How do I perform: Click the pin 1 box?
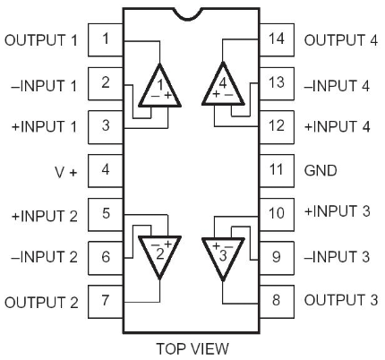tap(106, 39)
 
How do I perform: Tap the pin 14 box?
tap(277, 39)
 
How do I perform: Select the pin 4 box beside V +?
tap(106, 171)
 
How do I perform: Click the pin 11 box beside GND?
tap(277, 171)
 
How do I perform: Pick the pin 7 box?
tap(106, 302)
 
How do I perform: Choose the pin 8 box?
tap(277, 302)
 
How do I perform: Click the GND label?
tap(321, 171)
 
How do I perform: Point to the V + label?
tap(66, 172)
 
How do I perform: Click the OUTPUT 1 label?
tap(41, 40)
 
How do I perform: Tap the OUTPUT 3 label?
tap(341, 300)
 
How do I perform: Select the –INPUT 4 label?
tap(337, 86)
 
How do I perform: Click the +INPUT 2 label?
tap(45, 216)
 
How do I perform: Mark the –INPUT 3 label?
tap(337, 257)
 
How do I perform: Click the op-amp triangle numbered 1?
tap(159, 90)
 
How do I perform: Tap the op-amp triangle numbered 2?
tap(159, 253)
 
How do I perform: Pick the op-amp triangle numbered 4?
tap(223, 88)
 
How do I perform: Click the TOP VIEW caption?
tap(192, 348)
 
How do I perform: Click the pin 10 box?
tap(277, 214)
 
